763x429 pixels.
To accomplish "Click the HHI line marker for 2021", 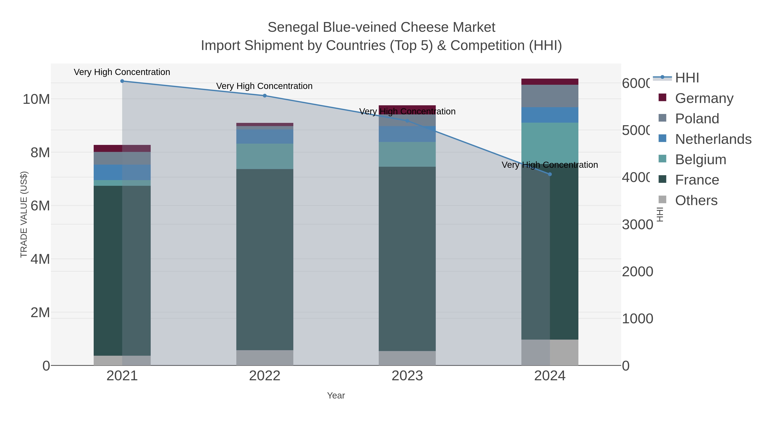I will click(122, 81).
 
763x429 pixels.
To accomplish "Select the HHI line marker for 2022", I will click(265, 96).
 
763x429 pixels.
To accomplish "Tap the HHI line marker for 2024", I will click(550, 174).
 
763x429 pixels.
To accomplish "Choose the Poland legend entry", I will click(697, 119).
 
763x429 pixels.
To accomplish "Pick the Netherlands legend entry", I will click(713, 139).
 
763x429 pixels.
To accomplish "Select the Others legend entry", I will click(696, 200).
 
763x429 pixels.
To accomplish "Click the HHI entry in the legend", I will click(687, 78).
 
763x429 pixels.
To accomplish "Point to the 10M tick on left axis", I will click(36, 99).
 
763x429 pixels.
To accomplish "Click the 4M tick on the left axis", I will click(40, 259).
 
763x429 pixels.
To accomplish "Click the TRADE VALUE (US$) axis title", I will click(24, 214).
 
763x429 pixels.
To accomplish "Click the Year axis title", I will click(336, 396).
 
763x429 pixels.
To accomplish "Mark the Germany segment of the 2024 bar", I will click(550, 82).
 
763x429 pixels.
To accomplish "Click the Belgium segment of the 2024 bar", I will click(550, 143).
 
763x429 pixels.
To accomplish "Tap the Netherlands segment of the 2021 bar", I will click(122, 172).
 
